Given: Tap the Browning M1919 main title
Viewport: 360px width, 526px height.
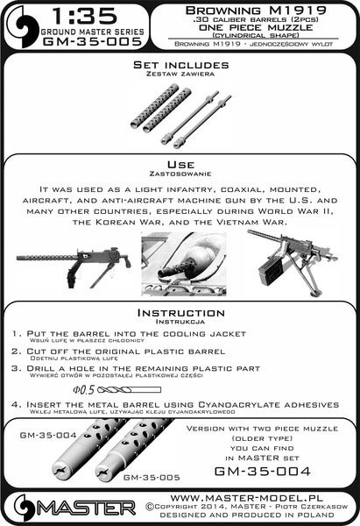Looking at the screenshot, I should coord(255,9).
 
